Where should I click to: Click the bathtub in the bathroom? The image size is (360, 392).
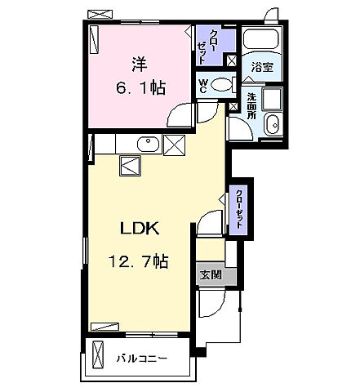(260, 41)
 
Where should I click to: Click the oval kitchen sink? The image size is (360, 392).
(148, 144)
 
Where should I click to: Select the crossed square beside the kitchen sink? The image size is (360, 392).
(176, 145)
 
